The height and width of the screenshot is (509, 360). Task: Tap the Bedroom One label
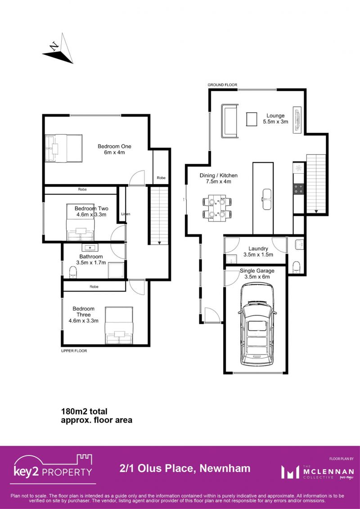coord(114,149)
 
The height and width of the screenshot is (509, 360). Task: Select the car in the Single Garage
coord(257,323)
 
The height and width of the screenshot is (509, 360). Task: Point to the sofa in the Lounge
coord(229,121)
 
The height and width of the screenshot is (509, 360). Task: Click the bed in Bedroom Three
coord(119,326)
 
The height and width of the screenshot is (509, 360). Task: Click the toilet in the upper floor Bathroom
coord(73,272)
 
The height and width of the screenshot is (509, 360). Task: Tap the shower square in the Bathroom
coord(116,270)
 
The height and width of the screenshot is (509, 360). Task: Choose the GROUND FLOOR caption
coord(222,85)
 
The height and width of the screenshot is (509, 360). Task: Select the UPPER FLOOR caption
coord(74,351)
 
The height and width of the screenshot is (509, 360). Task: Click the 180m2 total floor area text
coord(96,416)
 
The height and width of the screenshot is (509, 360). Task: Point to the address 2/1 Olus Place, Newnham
coord(185,468)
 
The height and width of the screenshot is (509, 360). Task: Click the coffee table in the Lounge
coord(252,119)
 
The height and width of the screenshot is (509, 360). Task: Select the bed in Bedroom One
coord(63,149)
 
